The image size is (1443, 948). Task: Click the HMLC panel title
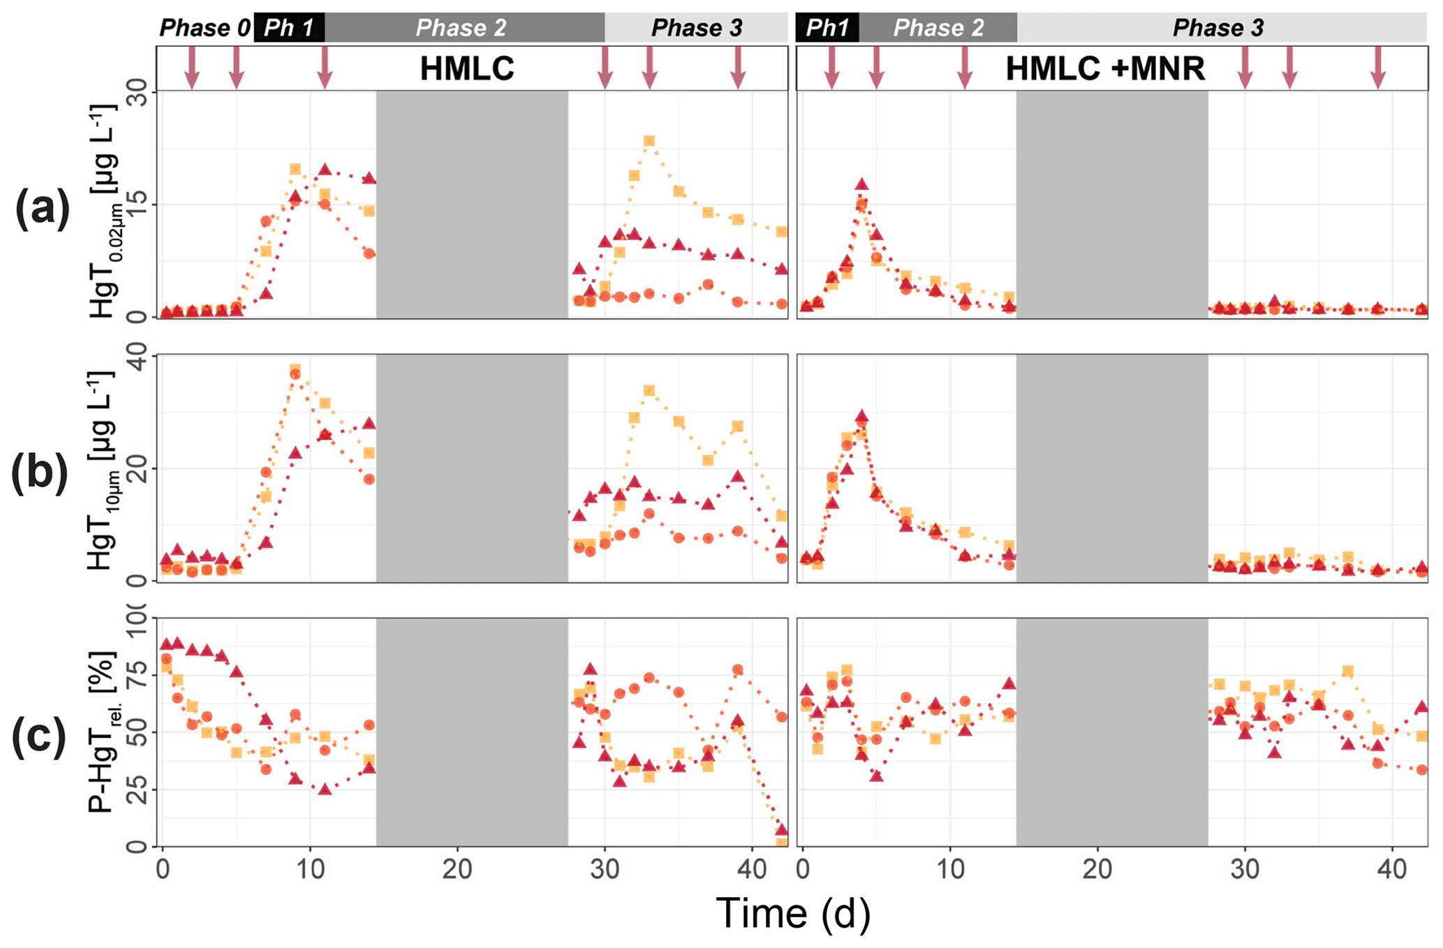(x=466, y=68)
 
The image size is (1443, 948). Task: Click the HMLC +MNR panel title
(x=1105, y=68)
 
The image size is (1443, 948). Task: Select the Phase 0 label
(x=205, y=28)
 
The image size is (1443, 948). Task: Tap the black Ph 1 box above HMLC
(x=289, y=28)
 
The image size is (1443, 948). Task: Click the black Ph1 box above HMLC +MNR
(x=827, y=28)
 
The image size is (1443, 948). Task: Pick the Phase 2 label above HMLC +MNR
(x=938, y=28)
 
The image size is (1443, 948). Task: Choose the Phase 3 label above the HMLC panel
(x=696, y=28)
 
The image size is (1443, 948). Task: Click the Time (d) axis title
(x=793, y=913)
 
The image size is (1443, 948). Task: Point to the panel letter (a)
(x=43, y=208)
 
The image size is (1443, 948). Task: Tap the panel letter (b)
(x=40, y=472)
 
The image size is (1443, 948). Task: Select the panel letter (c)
(x=39, y=735)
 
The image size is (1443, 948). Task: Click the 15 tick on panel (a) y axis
(x=138, y=204)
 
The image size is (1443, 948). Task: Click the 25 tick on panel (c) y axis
(x=138, y=790)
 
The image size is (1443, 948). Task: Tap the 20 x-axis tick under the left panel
(x=457, y=869)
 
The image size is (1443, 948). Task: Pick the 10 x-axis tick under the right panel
(x=950, y=869)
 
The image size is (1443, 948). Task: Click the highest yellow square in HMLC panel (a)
(x=649, y=141)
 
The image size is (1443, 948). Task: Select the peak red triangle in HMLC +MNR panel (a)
(x=861, y=184)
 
